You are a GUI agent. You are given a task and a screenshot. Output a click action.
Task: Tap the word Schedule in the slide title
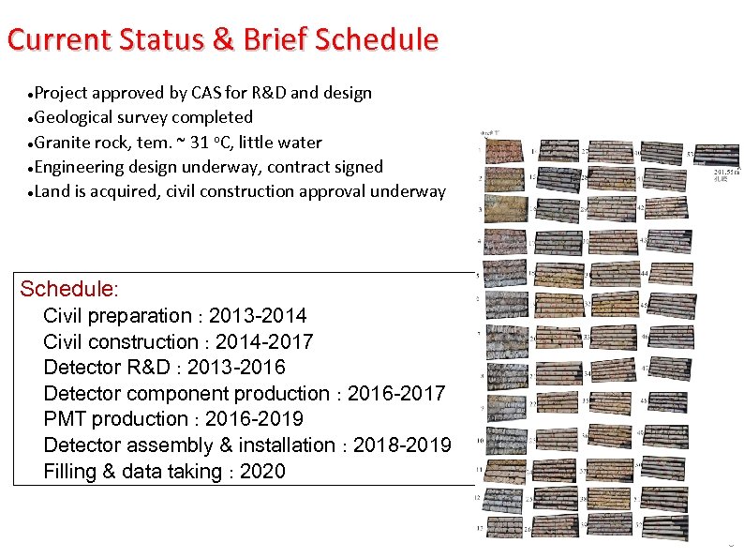point(377,39)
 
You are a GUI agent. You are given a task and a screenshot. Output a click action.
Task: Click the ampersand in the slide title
point(225,39)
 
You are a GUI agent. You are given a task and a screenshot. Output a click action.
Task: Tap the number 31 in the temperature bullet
point(195,143)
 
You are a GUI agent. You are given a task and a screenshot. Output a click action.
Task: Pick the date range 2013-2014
point(258,315)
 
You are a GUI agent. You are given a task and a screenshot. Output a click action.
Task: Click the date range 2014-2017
point(264,341)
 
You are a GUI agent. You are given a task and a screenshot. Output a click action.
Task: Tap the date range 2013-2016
point(236,367)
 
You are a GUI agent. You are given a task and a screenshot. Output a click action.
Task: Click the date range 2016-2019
point(255,419)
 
